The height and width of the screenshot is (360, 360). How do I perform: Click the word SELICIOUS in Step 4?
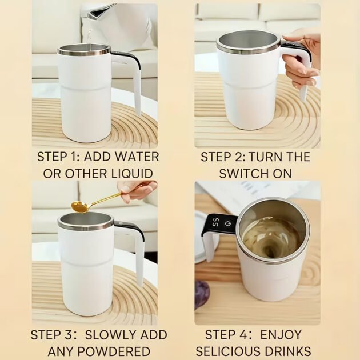coord(229,351)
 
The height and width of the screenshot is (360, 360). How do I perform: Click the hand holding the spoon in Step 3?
coord(137,190)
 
